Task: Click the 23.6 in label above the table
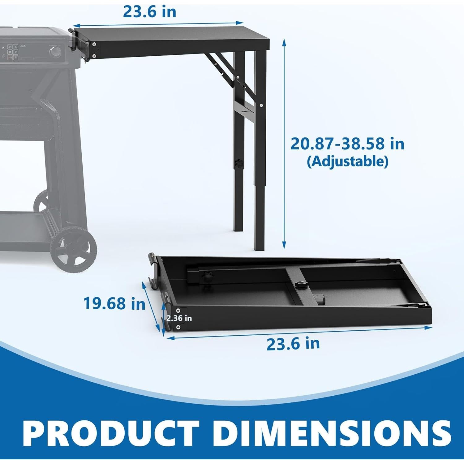[149, 11]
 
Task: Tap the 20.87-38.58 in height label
[347, 144]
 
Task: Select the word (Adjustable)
[347, 161]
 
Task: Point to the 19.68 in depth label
[114, 303]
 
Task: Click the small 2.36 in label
[179, 318]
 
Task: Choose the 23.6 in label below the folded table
[293, 344]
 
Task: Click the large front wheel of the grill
[74, 251]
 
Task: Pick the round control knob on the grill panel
[55, 52]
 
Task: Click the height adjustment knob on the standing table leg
[238, 163]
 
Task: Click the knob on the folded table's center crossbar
[300, 285]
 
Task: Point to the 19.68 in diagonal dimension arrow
[152, 306]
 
